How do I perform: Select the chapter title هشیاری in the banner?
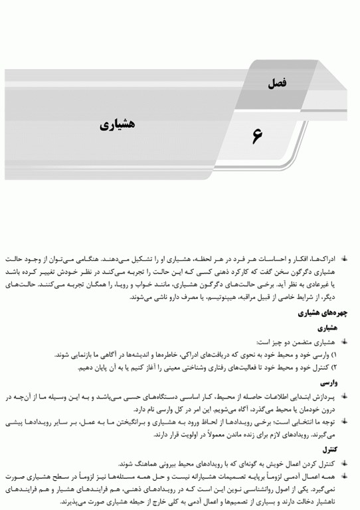[x=118, y=124]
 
